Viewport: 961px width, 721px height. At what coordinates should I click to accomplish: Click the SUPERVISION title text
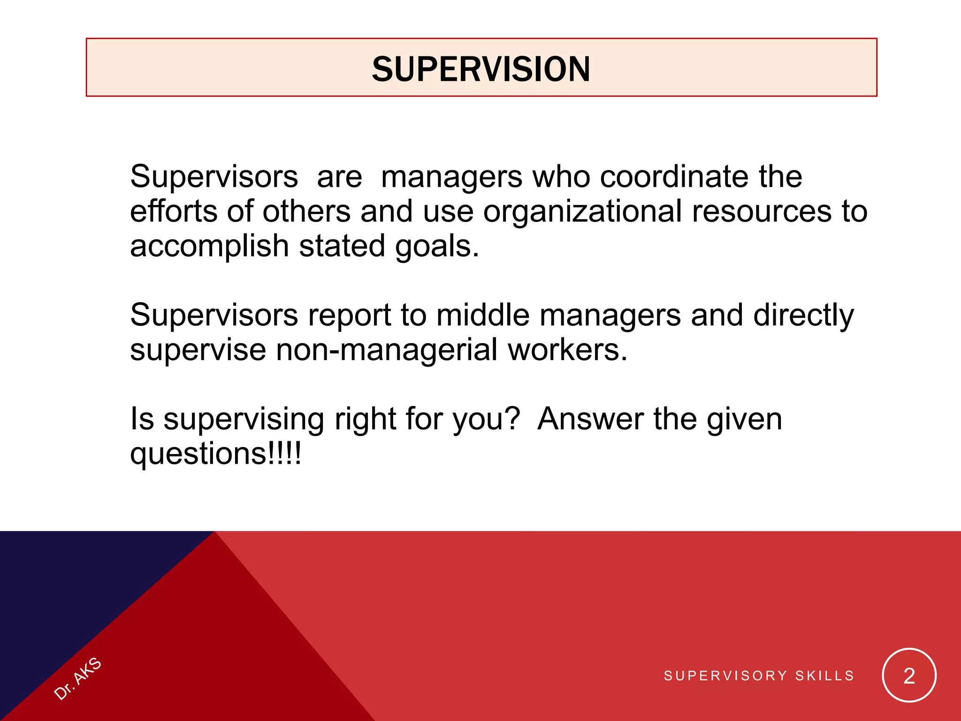(x=481, y=69)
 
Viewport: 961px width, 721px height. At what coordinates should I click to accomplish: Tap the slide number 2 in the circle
(x=909, y=676)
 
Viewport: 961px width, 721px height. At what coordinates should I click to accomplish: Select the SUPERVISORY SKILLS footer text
(x=759, y=676)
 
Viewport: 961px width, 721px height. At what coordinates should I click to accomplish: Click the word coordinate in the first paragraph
(x=674, y=177)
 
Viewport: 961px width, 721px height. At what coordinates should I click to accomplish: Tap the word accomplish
(x=209, y=246)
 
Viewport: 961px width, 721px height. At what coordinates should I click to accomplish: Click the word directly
(x=803, y=315)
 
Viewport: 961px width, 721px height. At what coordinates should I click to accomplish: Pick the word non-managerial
(x=387, y=350)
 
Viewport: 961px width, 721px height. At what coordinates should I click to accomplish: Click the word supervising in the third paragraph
(x=244, y=419)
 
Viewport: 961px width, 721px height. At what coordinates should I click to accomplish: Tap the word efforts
(x=174, y=212)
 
